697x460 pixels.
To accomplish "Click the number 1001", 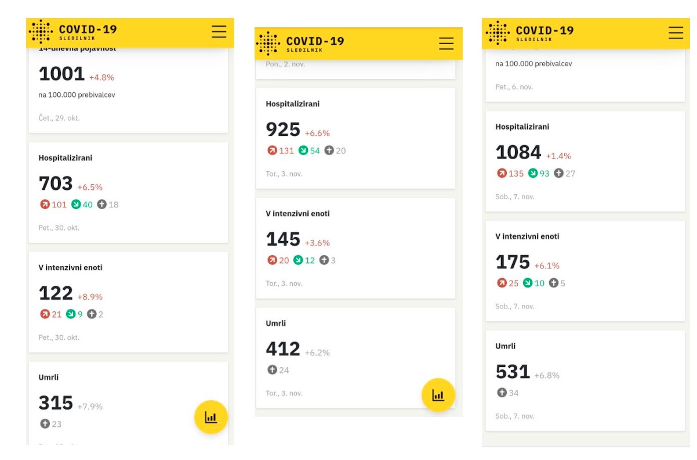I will [61, 74].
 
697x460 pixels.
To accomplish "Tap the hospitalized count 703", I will [56, 184].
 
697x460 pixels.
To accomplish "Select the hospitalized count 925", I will [283, 130].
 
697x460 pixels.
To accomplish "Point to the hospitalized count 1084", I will [518, 153].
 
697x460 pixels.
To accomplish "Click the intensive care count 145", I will [283, 239].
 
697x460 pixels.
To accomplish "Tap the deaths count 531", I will [513, 372].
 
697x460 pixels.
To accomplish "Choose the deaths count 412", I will [283, 349].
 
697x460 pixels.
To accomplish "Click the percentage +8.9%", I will [90, 297].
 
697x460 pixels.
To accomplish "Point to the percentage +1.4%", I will [558, 156].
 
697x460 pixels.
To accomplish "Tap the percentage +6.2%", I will [317, 353].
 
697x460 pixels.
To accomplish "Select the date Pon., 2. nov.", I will [285, 64].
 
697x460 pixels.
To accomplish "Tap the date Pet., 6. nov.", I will [514, 87].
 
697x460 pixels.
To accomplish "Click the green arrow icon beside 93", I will [533, 173].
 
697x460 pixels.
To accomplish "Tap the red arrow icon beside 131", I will [272, 150].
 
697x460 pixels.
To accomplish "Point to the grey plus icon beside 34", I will [502, 393].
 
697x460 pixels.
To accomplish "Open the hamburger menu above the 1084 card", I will [676, 33].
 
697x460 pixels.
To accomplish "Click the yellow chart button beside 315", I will [210, 417].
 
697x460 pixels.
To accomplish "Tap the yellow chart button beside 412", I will [438, 395].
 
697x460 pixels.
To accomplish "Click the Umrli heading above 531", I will [505, 346].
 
